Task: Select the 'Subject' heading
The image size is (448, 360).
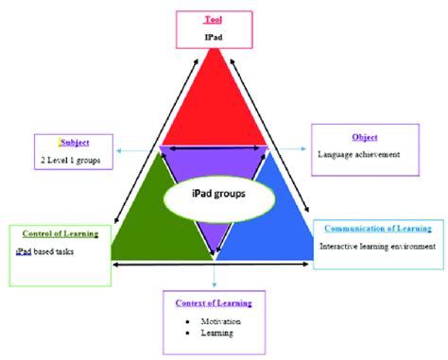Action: [77, 143]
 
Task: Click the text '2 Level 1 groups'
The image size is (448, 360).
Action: [75, 161]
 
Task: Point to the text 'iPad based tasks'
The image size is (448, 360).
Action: [48, 252]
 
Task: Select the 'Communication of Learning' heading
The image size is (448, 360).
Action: [378, 229]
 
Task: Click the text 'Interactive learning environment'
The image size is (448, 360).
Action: [376, 247]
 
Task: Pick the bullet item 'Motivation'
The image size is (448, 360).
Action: [221, 321]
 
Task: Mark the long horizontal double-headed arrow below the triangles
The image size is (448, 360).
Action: [217, 266]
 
